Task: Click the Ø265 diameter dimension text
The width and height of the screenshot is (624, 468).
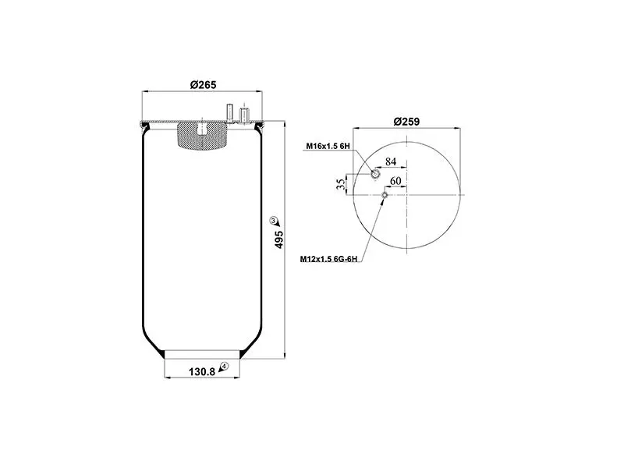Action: (x=203, y=85)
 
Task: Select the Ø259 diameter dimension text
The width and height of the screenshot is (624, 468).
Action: (x=406, y=122)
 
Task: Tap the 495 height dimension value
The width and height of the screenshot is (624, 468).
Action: (x=279, y=239)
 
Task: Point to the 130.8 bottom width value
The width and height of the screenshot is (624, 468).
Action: (x=202, y=372)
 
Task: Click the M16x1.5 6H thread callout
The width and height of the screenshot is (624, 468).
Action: (x=328, y=146)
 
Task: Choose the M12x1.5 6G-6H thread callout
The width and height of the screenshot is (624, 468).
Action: (x=328, y=259)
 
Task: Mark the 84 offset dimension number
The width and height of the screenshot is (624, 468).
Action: (x=391, y=161)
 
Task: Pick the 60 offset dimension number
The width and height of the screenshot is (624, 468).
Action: (x=395, y=181)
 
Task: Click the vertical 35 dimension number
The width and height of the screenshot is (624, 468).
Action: (x=341, y=184)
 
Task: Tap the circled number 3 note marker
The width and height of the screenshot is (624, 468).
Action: (x=273, y=220)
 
